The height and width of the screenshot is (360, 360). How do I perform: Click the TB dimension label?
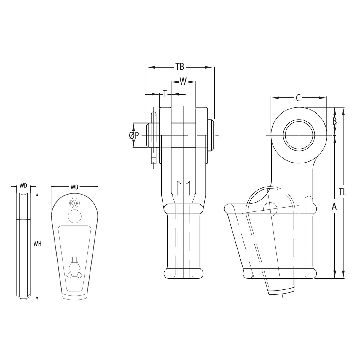[179, 67]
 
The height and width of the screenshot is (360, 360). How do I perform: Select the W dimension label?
[183, 81]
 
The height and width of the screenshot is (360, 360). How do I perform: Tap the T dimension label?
[165, 94]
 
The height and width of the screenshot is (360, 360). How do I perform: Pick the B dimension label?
[334, 121]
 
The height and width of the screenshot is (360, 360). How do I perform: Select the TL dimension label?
[343, 192]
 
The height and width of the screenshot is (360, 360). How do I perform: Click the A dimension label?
[334, 206]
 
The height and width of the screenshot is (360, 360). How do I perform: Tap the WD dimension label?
[23, 186]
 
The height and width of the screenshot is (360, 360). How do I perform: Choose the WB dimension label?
[74, 187]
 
